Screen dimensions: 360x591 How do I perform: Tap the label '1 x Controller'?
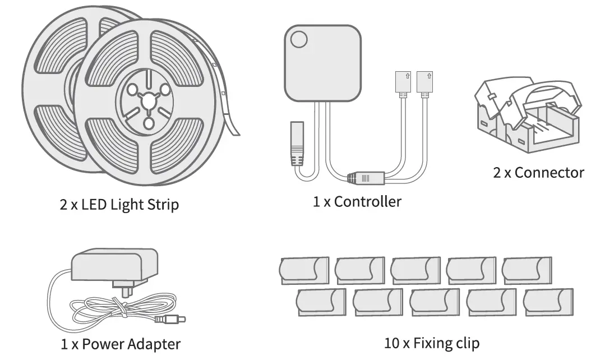tap(357, 201)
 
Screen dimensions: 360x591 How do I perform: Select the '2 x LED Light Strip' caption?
tap(119, 204)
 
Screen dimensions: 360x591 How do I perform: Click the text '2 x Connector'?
tap(538, 172)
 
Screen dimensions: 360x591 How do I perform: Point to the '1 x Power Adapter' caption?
tap(121, 343)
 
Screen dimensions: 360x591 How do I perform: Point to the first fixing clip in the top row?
tap(303, 271)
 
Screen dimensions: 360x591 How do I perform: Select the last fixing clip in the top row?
tap(527, 270)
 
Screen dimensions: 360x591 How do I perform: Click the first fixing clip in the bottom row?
tap(321, 302)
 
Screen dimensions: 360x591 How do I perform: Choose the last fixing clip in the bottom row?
tap(548, 302)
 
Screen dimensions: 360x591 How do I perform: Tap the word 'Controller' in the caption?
tap(367, 201)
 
